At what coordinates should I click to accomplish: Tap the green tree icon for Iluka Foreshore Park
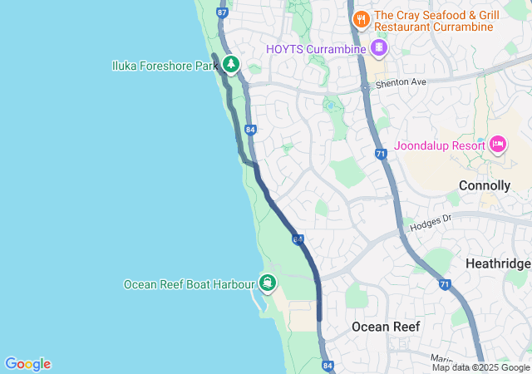[x=230, y=64]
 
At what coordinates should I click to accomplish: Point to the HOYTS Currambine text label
[x=316, y=49]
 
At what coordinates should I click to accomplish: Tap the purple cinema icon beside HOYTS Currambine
[x=379, y=47]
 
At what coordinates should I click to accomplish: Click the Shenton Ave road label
[x=401, y=83]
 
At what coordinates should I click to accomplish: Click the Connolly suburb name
[x=484, y=185]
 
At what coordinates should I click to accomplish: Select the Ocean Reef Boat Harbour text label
[x=189, y=284]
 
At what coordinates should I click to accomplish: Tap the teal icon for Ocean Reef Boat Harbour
[x=268, y=283]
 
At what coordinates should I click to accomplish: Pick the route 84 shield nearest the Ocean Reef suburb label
[x=328, y=365]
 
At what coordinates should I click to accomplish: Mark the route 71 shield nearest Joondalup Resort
[x=380, y=154]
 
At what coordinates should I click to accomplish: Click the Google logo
[x=28, y=364]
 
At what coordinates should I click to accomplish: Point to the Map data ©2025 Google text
[x=480, y=367]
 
